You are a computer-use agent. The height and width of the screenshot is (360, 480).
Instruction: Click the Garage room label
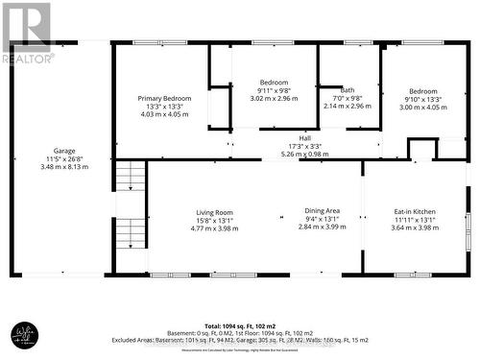pos(64,151)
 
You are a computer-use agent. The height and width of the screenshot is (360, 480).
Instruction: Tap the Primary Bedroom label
pos(164,98)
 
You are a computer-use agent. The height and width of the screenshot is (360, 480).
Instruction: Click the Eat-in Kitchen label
pos(413,212)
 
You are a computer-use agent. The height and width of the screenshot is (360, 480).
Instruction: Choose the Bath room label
pos(347,90)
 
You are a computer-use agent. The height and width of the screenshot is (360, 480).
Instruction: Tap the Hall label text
pos(304,138)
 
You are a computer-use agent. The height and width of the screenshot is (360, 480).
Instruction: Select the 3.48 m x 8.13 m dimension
pos(64,167)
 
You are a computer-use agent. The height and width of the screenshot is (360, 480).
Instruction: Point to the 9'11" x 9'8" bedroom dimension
pos(275,90)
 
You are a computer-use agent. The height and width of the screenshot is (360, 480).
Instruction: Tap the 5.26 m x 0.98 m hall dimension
pos(304,154)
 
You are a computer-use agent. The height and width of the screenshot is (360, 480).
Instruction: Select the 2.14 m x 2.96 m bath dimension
pos(347,106)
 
